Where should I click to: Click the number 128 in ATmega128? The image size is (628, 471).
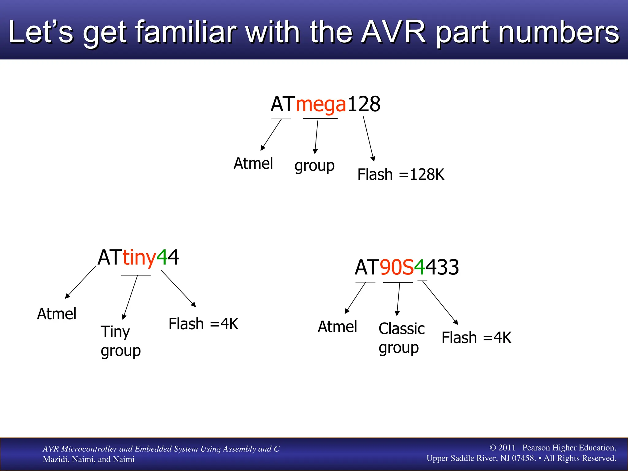(x=364, y=104)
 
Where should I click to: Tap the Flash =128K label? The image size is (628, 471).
(x=400, y=174)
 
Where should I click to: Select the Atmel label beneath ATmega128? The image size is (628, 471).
(x=253, y=163)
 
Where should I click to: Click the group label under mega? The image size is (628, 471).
(x=314, y=166)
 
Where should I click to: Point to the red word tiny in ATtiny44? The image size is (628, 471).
(x=139, y=258)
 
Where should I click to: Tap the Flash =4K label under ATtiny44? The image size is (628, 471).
(x=203, y=324)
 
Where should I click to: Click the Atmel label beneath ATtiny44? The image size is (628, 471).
(x=57, y=314)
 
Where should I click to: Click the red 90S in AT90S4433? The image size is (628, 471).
(x=397, y=267)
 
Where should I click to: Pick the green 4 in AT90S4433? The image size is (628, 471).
(x=419, y=267)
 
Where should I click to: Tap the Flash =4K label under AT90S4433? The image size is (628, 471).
(x=476, y=338)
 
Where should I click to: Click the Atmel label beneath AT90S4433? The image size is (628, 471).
(x=337, y=327)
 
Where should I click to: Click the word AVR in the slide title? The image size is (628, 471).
(x=393, y=32)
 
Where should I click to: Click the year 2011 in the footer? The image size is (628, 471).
(x=507, y=448)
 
